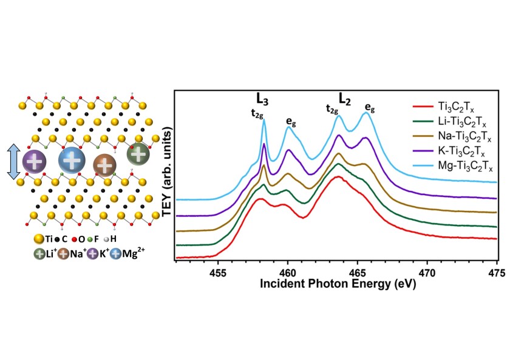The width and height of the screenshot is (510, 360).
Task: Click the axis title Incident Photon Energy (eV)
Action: (x=336, y=283)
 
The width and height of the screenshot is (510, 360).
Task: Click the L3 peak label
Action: (x=263, y=99)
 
